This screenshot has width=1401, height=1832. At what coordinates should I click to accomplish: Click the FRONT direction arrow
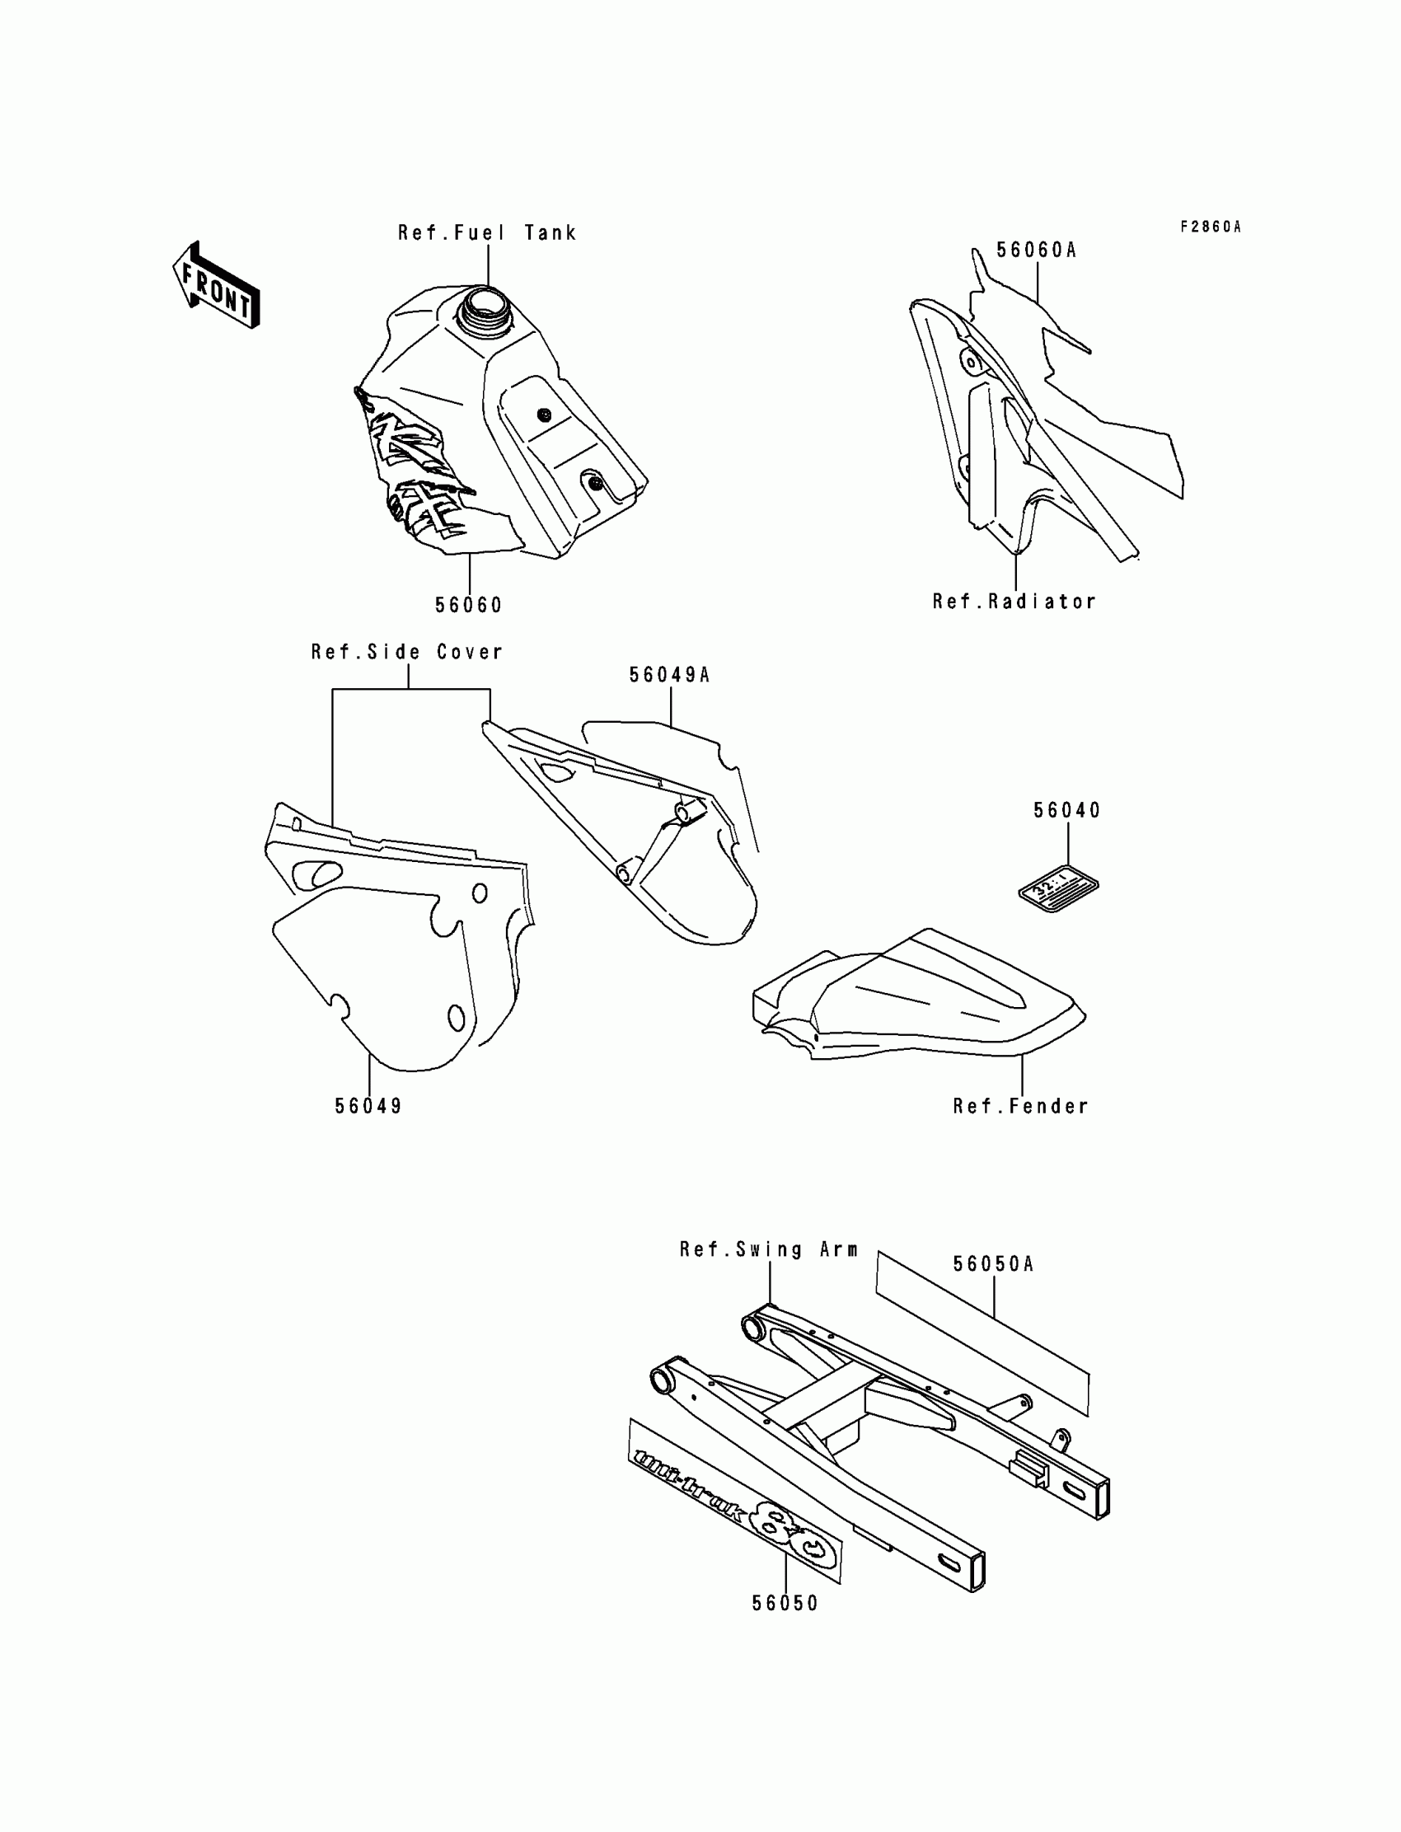pos(215,285)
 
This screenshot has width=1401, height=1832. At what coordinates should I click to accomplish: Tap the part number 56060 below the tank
pos(469,606)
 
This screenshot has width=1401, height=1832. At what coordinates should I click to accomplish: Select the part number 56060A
pos(1037,251)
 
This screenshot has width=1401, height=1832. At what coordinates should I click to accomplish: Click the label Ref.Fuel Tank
pos(487,232)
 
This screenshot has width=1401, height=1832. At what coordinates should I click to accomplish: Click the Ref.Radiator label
pos(1014,602)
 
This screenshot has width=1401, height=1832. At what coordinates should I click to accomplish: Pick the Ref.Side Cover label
pos(407,651)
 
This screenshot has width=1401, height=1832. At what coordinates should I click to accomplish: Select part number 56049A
pos(669,675)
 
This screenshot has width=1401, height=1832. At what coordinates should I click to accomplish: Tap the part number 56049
pos(368,1106)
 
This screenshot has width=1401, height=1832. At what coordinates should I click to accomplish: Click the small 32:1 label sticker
pos(1058,888)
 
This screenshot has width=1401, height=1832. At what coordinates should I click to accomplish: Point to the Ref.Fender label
pos(1021,1106)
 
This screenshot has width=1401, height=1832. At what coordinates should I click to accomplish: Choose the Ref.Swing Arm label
pos(768,1249)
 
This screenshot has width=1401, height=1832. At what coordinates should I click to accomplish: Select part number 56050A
pos(993,1264)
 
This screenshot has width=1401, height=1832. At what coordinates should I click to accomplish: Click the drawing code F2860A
pos(1210,227)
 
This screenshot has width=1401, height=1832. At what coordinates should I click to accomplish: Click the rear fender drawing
pos(917,996)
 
